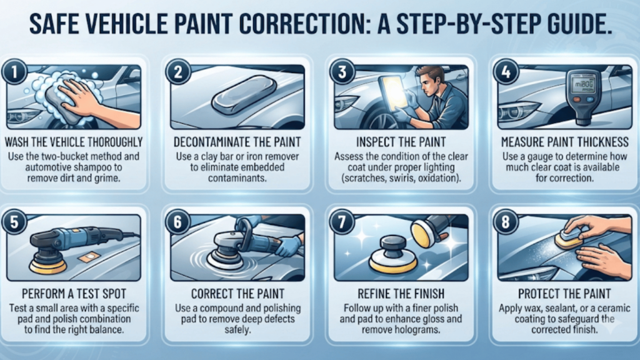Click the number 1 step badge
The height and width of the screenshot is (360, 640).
tap(14, 72)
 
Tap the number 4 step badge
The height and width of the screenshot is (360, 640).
tap(506, 72)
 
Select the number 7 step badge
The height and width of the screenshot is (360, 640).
tap(342, 222)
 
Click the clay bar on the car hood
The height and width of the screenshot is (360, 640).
tap(244, 95)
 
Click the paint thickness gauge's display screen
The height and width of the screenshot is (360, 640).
tap(584, 84)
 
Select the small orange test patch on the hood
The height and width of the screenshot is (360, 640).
tap(89, 257)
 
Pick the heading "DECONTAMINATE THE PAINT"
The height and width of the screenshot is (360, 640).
tap(237, 142)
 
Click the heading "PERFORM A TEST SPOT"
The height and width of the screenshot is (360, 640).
tap(74, 294)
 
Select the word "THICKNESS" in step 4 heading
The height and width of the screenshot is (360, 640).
tap(601, 142)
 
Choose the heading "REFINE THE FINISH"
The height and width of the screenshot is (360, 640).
tap(401, 294)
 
